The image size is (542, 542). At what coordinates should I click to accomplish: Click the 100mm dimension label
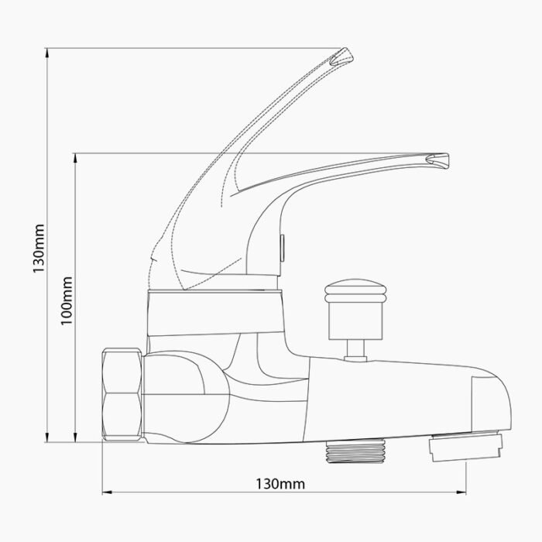[x=67, y=299]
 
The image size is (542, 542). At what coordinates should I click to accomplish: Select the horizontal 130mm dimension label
[x=280, y=484]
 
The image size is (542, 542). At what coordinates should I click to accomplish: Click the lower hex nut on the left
[x=122, y=418]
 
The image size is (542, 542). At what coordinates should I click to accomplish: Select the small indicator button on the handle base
[x=283, y=248]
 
